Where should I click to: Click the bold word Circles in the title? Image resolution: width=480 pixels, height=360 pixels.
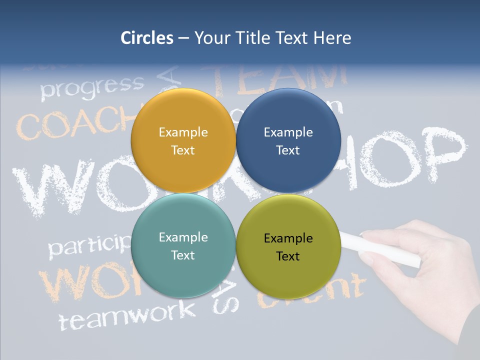(146, 38)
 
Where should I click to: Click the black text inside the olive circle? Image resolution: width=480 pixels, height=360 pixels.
(288, 247)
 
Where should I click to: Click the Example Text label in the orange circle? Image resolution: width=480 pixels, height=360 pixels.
(183, 141)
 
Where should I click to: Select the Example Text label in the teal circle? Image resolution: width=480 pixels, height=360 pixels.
(183, 246)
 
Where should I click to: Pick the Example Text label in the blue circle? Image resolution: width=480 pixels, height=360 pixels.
(288, 141)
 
